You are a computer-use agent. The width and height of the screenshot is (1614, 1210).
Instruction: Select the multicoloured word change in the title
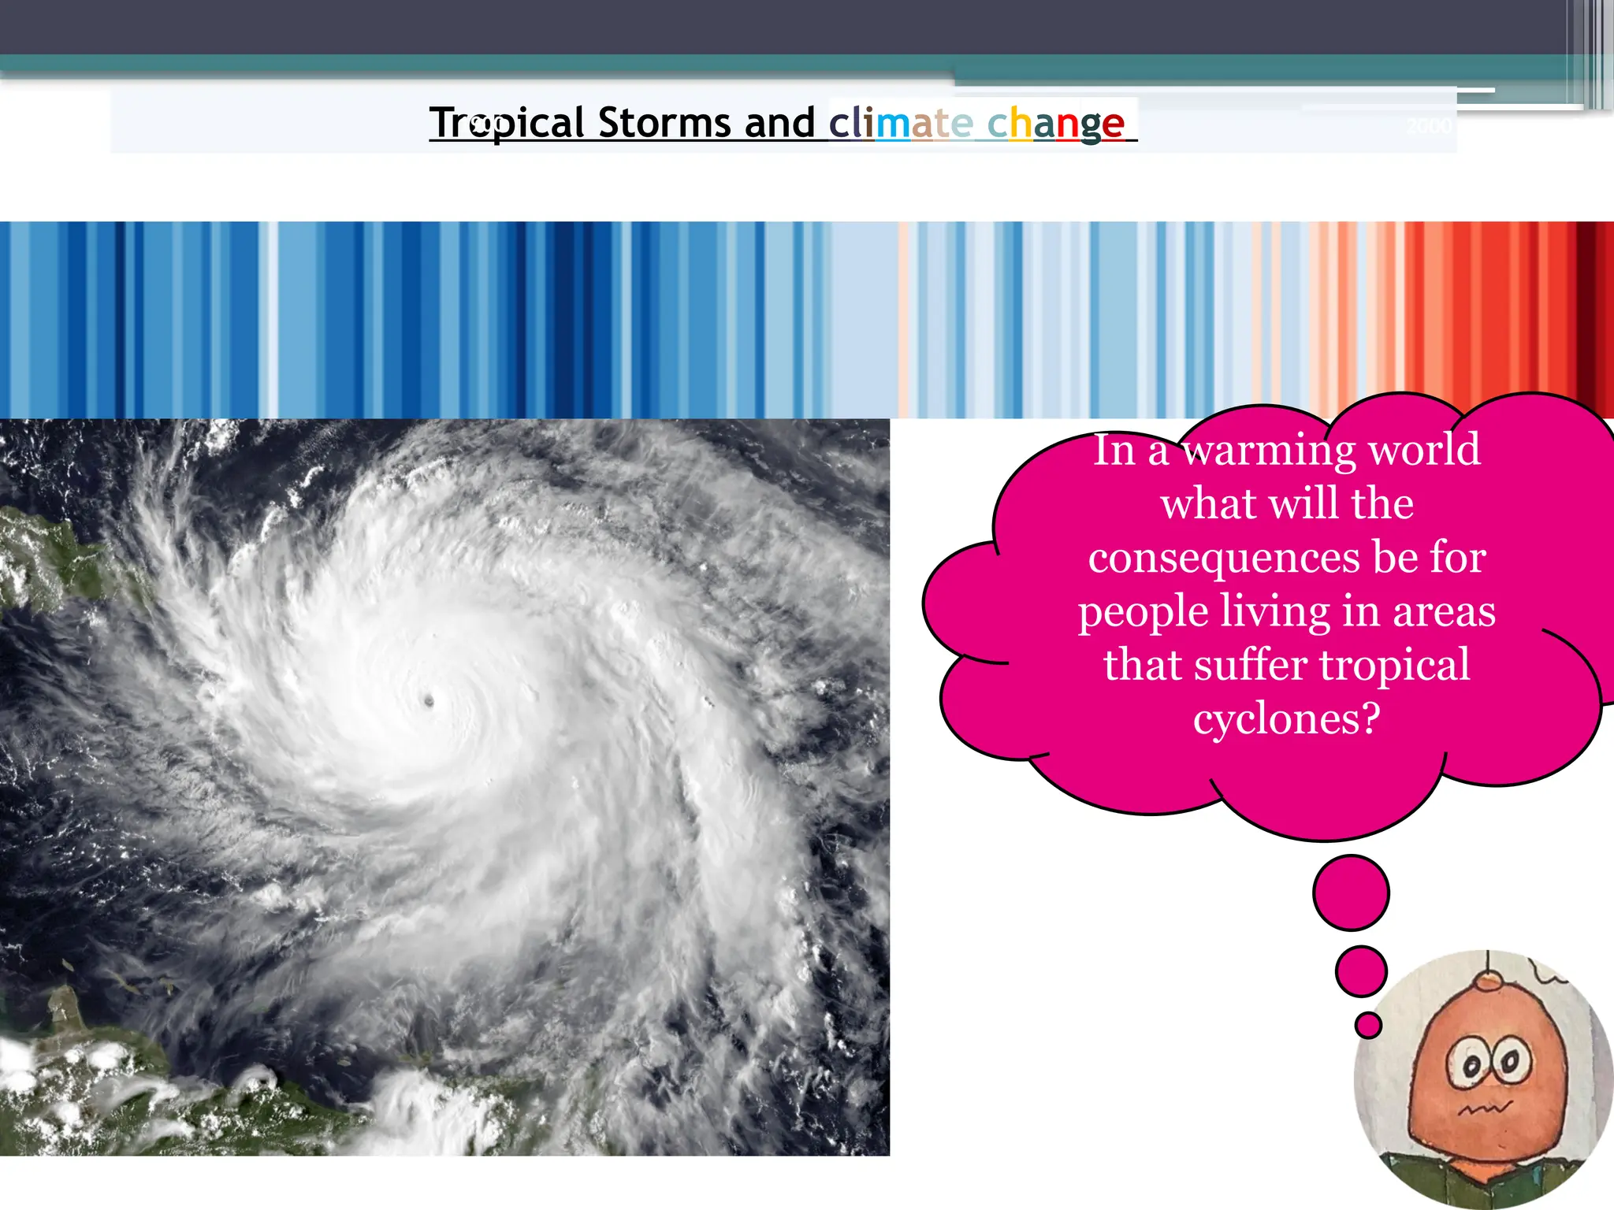coord(1056,124)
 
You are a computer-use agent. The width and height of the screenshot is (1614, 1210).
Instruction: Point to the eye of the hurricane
coord(430,700)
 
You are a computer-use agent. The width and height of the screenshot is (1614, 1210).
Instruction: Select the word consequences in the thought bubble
coord(1225,558)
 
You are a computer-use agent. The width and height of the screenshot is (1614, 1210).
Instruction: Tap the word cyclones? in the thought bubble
coord(1286,718)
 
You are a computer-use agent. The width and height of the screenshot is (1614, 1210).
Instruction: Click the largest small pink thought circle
coord(1351,893)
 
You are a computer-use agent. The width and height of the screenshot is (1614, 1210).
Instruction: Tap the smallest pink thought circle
coord(1368,1025)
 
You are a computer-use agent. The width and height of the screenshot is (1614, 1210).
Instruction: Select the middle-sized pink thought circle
coord(1361,971)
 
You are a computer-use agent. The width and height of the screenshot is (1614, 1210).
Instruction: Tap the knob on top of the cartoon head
coord(1489,981)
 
